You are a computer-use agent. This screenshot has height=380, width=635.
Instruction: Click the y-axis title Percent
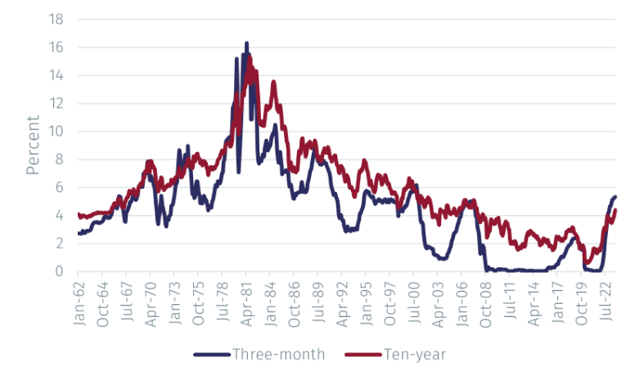(33, 145)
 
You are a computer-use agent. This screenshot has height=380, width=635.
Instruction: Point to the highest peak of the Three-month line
(246, 42)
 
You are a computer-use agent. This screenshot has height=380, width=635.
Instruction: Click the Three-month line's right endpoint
(615, 196)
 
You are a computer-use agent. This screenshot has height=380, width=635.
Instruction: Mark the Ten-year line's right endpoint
(615, 210)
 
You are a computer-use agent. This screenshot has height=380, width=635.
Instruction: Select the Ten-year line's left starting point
(78, 214)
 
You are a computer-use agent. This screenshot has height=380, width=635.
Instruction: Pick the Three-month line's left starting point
(78, 234)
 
